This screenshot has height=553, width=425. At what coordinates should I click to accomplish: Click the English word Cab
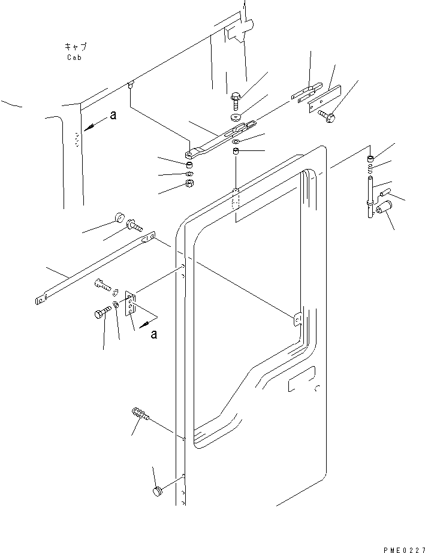(74, 58)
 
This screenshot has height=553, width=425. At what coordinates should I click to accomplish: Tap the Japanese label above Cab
(76, 47)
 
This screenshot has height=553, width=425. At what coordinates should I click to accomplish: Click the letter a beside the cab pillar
(113, 115)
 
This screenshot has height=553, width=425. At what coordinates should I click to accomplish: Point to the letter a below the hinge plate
(153, 334)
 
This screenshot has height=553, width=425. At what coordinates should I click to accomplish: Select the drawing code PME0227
(404, 550)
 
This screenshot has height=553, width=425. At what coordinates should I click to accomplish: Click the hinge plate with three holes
(130, 304)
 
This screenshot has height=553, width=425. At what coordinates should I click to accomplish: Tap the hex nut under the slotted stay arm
(189, 183)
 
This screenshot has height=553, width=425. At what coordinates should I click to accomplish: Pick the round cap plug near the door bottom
(156, 491)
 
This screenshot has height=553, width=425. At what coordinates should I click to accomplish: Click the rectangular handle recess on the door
(302, 379)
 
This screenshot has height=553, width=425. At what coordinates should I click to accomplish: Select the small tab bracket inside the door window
(297, 319)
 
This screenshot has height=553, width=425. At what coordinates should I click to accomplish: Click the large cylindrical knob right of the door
(384, 207)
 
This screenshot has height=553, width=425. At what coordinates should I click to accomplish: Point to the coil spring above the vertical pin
(370, 168)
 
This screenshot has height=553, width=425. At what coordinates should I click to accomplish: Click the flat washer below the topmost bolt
(236, 117)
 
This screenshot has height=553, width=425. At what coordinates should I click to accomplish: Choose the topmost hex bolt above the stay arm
(236, 101)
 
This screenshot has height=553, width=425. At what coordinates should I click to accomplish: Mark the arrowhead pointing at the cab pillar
(89, 128)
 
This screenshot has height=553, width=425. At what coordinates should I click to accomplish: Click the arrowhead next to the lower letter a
(143, 325)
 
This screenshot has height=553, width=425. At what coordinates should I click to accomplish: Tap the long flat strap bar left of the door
(95, 268)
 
